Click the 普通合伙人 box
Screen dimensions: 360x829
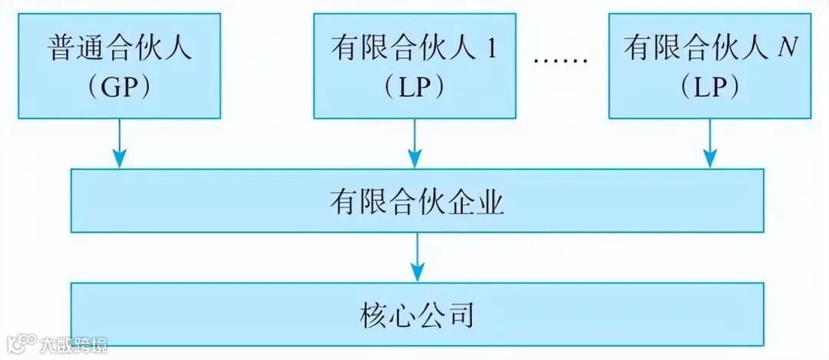click(x=118, y=66)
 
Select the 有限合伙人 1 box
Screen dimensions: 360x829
click(x=414, y=66)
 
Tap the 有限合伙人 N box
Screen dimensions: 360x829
click(x=709, y=66)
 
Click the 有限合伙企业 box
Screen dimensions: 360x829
click(x=417, y=201)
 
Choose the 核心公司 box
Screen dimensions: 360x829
click(x=417, y=314)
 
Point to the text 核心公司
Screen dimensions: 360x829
click(x=417, y=315)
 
